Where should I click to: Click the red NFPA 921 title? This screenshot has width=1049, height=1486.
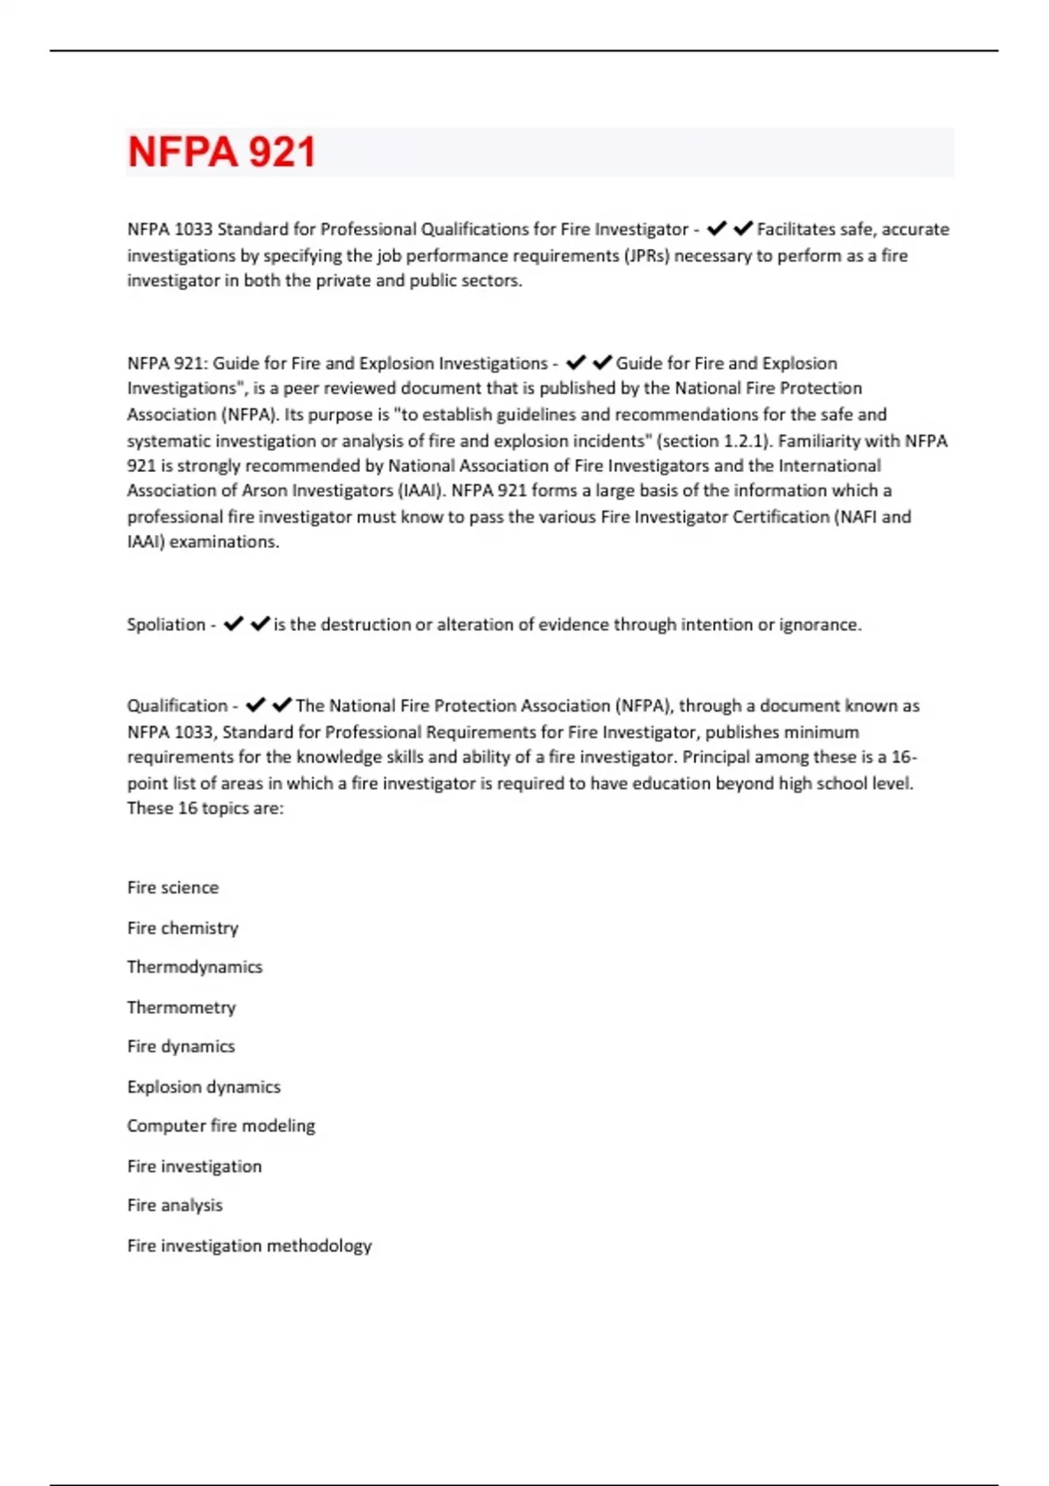(221, 152)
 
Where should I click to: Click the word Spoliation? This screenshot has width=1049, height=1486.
(166, 625)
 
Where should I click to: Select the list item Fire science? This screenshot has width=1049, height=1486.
(173, 888)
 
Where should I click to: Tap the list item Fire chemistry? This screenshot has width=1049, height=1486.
(183, 928)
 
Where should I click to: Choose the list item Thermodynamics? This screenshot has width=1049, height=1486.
(194, 968)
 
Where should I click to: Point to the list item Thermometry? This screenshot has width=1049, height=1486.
(181, 1008)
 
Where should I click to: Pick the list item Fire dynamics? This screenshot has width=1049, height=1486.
(181, 1047)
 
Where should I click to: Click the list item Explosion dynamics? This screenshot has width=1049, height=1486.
(204, 1087)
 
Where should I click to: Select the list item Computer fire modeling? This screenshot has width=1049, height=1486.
(220, 1127)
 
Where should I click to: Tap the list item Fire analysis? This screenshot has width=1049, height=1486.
(175, 1206)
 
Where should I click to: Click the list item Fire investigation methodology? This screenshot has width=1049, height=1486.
(249, 1246)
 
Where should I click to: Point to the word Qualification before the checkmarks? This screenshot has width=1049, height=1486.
(177, 706)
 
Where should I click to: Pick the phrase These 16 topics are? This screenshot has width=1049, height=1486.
(205, 809)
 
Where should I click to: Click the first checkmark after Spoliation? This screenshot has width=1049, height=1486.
(233, 624)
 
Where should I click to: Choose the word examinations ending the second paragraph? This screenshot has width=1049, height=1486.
(224, 542)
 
